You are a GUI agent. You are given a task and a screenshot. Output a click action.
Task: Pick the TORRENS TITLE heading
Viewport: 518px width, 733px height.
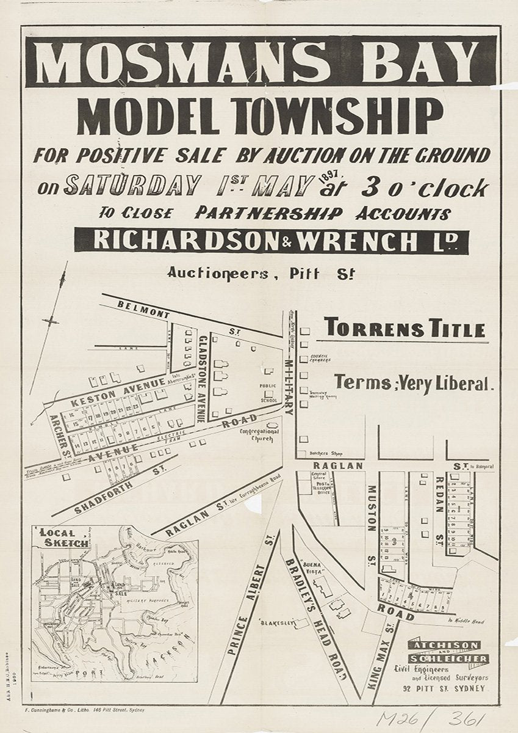coord(405,329)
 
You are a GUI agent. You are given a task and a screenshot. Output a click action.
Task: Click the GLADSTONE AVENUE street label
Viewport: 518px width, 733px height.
coord(202,379)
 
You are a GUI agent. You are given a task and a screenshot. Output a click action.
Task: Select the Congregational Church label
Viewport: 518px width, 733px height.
coord(259,435)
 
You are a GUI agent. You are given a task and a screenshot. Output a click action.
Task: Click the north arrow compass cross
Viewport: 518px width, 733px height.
coord(52,321)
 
